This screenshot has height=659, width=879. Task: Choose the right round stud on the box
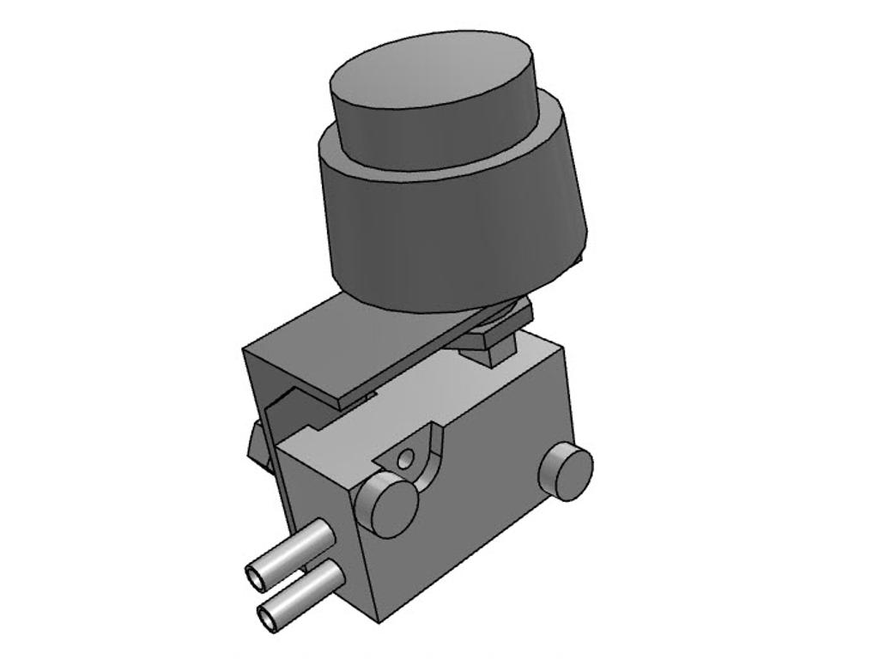click(x=566, y=471)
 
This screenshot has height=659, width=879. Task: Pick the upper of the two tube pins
click(x=296, y=549)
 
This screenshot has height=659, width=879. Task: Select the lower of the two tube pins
click(x=305, y=592)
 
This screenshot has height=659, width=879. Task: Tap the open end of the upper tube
click(x=257, y=577)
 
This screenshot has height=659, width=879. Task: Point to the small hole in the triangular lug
click(x=404, y=460)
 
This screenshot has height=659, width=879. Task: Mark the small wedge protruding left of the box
click(x=257, y=446)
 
